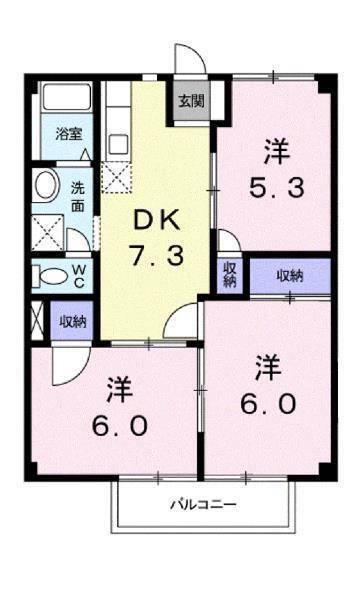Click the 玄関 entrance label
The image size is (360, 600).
(x=192, y=100)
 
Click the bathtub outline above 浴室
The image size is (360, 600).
(x=67, y=102)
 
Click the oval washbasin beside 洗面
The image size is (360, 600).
(x=45, y=185)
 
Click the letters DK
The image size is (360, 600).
(x=156, y=218)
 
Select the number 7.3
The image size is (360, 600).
(x=156, y=256)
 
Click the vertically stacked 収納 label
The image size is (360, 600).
(x=229, y=274)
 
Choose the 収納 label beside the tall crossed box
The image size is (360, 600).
(x=72, y=321)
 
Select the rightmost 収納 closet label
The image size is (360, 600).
(x=289, y=274)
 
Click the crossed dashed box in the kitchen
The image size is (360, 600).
(x=117, y=178)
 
